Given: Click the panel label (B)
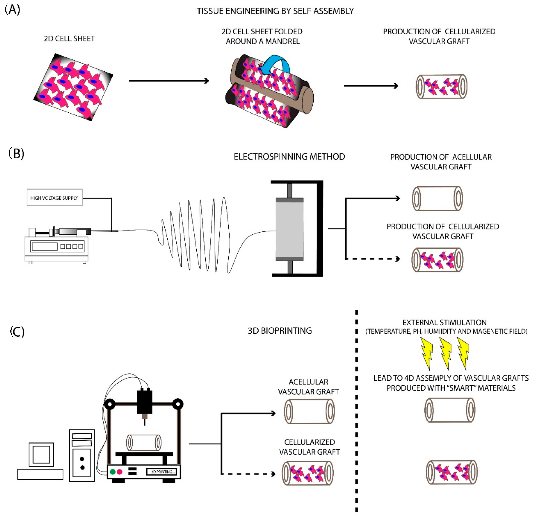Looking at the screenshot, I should pyautogui.click(x=16, y=153).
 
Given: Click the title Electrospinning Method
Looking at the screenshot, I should pyautogui.click(x=289, y=157).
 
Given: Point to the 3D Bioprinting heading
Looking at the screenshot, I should pyautogui.click(x=280, y=331).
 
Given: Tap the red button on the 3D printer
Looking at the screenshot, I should pyautogui.click(x=119, y=472).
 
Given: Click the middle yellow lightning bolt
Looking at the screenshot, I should pyautogui.click(x=445, y=353).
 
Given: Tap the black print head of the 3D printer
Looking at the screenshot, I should pyautogui.click(x=145, y=402).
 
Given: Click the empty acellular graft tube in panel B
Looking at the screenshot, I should pyautogui.click(x=437, y=198).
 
